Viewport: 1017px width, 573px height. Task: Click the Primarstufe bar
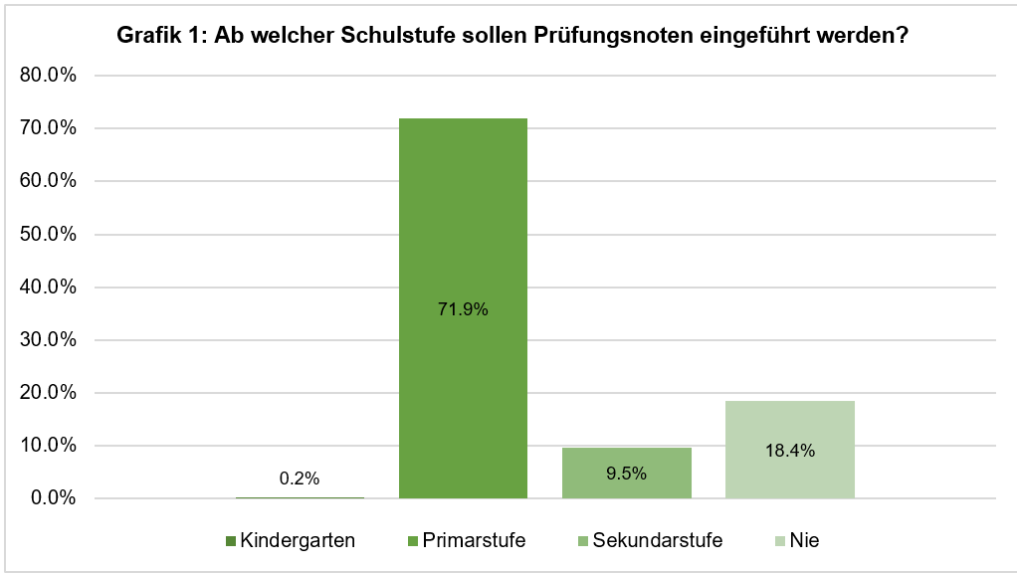[x=463, y=219]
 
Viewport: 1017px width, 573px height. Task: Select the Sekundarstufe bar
[x=626, y=487]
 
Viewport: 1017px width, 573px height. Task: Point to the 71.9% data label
[x=463, y=309]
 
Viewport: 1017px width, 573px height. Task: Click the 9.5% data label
[x=626, y=474]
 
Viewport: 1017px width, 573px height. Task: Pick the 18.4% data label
[x=790, y=451]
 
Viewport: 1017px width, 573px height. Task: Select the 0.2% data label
[x=300, y=478]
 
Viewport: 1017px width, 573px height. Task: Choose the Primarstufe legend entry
[x=466, y=540]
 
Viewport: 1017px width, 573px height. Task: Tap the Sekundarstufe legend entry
[x=649, y=540]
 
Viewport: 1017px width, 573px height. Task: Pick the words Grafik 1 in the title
[x=155, y=36]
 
